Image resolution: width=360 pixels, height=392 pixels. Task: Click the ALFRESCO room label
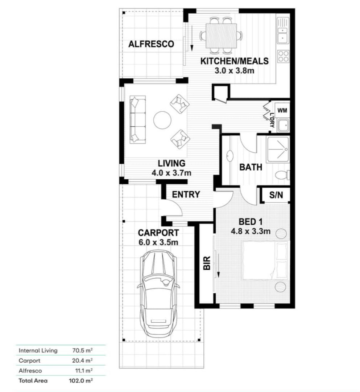151,44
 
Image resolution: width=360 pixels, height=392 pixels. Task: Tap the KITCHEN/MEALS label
235,61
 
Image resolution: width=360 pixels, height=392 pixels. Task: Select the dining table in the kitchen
221,35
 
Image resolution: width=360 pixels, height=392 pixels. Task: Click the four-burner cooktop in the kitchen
283,56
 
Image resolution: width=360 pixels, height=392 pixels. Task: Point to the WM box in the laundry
282,109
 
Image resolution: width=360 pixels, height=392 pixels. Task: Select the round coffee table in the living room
162,120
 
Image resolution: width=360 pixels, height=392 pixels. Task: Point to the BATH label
251,167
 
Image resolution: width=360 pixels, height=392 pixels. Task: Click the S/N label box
276,195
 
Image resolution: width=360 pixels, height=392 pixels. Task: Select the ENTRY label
186,195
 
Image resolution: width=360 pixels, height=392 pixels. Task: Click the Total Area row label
33,381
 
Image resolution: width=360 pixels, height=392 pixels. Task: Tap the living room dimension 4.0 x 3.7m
171,173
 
